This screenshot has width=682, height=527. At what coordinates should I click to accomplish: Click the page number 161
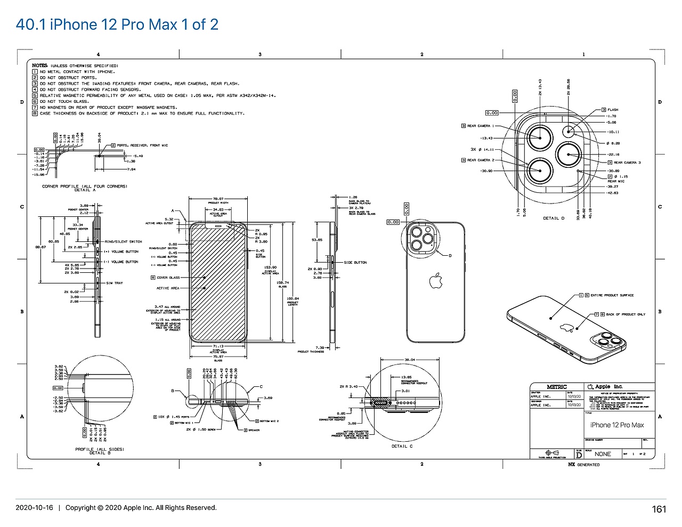pyautogui.click(x=659, y=509)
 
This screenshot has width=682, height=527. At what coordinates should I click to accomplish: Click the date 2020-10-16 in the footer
pyautogui.click(x=34, y=508)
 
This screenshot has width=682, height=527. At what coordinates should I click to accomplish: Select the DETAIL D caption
pyautogui.click(x=554, y=218)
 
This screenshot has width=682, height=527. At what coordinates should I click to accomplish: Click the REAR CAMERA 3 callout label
pyautogui.click(x=627, y=163)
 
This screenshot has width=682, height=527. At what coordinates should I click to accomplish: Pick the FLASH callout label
pyautogui.click(x=613, y=110)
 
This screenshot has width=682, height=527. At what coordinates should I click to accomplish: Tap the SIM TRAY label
pyautogui.click(x=115, y=283)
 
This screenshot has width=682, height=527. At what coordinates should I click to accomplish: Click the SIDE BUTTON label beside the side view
pyautogui.click(x=355, y=262)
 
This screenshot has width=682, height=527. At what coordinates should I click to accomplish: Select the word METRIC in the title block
pyautogui.click(x=557, y=387)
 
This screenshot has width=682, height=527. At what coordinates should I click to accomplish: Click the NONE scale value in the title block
pyautogui.click(x=603, y=454)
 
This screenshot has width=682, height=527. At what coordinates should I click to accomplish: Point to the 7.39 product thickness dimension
pyautogui.click(x=320, y=347)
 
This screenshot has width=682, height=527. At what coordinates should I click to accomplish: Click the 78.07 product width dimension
pyautogui.click(x=218, y=199)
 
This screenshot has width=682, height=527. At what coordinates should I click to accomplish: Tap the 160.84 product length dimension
pyautogui.click(x=293, y=298)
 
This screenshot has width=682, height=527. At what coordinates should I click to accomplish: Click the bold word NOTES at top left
pyautogui.click(x=39, y=66)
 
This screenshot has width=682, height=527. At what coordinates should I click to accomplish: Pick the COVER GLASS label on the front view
pyautogui.click(x=168, y=278)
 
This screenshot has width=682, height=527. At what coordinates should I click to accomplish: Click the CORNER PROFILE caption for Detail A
pyautogui.click(x=84, y=187)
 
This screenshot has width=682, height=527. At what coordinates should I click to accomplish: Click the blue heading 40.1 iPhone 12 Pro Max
pyautogui.click(x=117, y=25)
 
